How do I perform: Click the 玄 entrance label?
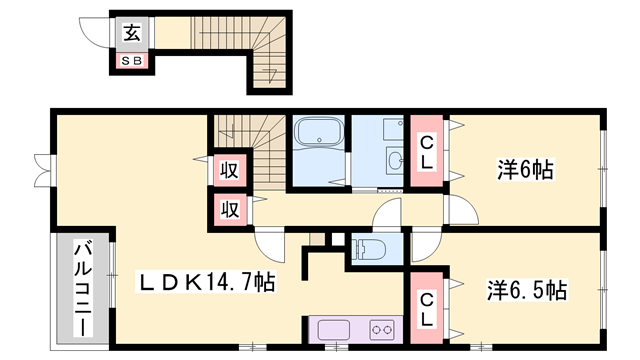click(132, 32)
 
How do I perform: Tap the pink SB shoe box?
click(132, 61)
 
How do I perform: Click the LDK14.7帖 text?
click(206, 283)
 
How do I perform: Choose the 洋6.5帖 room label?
click(527, 291)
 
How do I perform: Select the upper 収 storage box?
click(229, 169)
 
